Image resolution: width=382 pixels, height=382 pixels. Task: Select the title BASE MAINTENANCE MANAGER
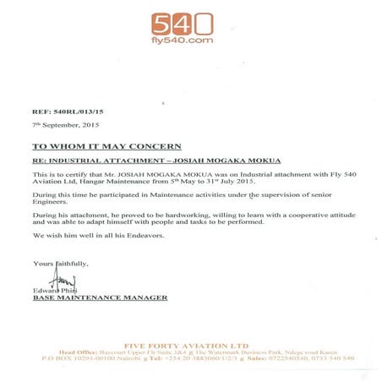click(99, 297)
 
